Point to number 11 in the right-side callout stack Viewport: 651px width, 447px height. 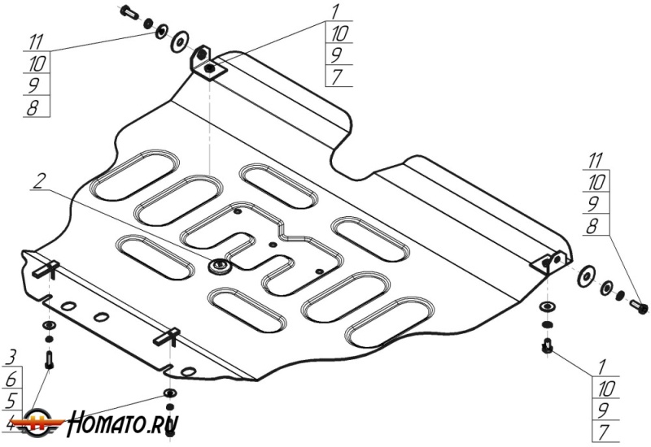tap(596, 160)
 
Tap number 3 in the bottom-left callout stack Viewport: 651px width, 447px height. tap(12, 356)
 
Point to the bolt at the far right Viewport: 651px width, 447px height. tap(640, 307)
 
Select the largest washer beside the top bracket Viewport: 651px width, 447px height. tap(179, 41)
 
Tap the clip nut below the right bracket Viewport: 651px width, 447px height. tap(548, 347)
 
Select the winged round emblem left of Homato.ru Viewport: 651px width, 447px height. tap(50, 426)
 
